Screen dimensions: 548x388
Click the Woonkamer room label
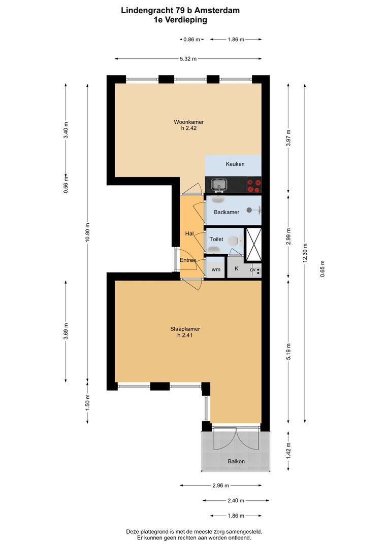(188, 122)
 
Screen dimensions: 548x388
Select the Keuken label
(235, 164)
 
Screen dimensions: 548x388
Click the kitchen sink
(219, 184)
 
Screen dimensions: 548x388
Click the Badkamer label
(227, 212)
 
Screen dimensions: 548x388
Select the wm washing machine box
(216, 269)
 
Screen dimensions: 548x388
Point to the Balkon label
(236, 461)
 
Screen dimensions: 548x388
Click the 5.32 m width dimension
(188, 59)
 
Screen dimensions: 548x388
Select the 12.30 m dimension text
(305, 251)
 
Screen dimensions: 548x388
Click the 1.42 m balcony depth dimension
(288, 452)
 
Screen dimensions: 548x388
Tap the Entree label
(188, 260)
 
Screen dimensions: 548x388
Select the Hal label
(189, 233)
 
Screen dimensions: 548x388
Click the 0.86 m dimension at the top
(191, 39)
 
